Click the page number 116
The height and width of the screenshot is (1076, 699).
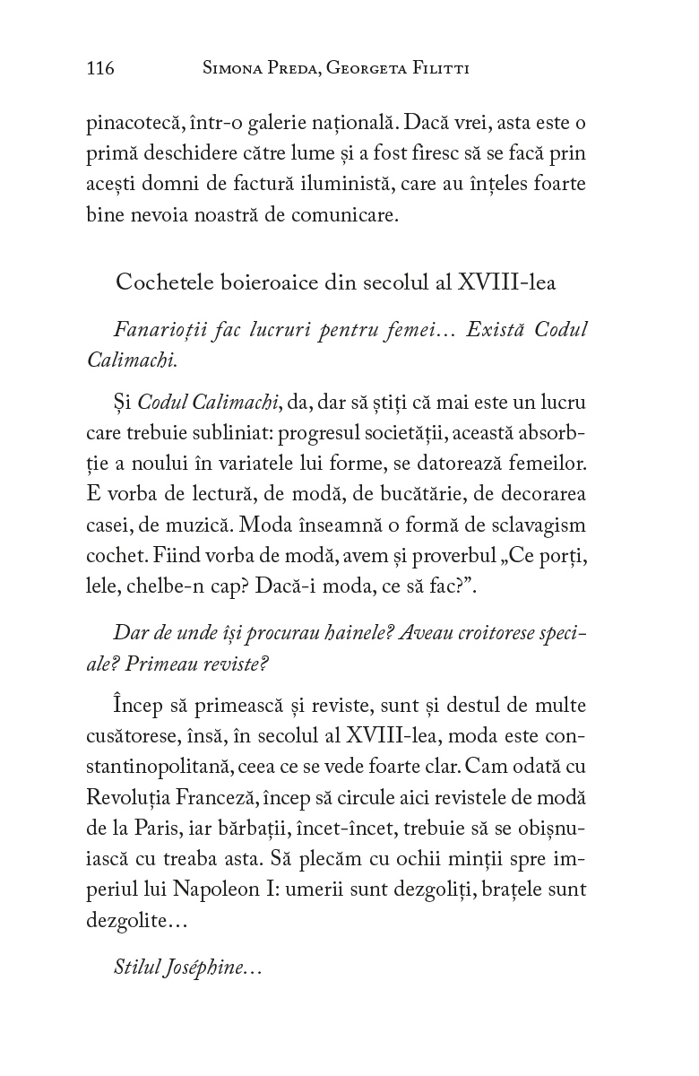[100, 68]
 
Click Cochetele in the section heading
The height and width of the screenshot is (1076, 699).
[160, 282]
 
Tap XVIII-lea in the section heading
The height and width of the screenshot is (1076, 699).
[506, 282]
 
